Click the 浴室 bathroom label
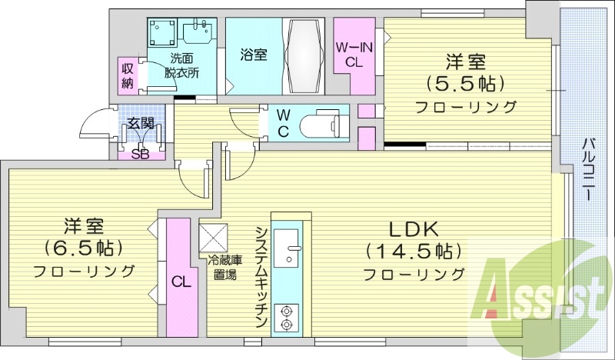(x=254, y=55)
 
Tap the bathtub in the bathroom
(x=306, y=56)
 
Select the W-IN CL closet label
(x=354, y=55)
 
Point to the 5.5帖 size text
(x=465, y=83)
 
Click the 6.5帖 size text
(x=84, y=248)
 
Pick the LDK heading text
(x=413, y=229)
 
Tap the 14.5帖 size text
(x=414, y=251)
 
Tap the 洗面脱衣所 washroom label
(x=182, y=65)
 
